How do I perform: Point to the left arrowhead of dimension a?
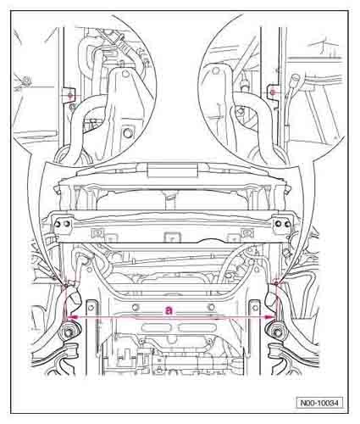coord(70,316)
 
